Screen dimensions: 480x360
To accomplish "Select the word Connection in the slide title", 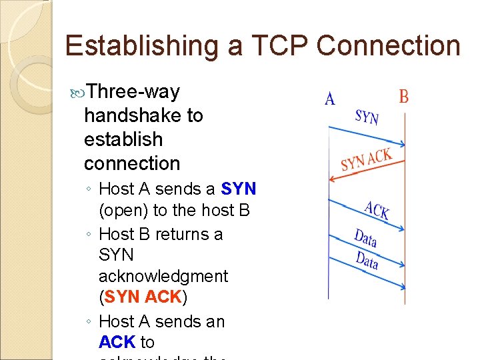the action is click(389, 46).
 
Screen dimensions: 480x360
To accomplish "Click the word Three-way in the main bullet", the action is click(133, 91).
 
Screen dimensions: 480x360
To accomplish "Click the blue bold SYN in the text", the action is click(239, 189).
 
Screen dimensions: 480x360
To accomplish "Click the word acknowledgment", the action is click(163, 276).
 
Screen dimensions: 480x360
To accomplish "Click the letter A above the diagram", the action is click(329, 99).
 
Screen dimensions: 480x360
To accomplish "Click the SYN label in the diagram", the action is click(367, 117).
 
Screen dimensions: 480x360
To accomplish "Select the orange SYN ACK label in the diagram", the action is click(365, 160).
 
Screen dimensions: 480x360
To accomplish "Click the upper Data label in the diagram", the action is click(366, 238).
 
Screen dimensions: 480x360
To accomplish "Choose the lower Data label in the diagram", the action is click(366, 260).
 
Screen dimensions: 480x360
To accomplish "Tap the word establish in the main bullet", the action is click(123, 139).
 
